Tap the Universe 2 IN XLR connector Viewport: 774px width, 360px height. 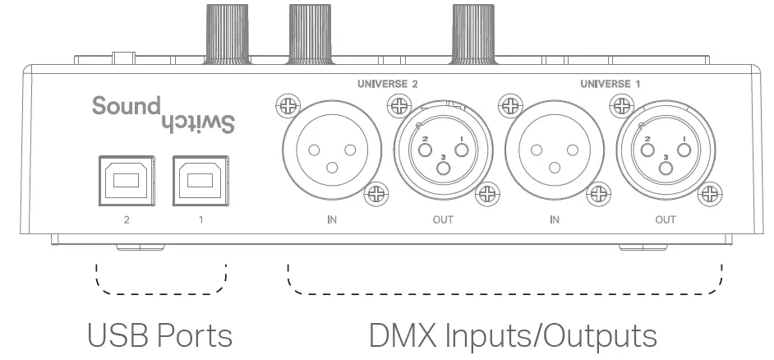[331, 150]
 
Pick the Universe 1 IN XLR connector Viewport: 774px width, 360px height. [555, 150]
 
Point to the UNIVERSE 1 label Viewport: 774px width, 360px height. [610, 84]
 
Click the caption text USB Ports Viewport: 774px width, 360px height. [159, 335]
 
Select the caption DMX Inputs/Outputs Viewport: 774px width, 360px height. [513, 335]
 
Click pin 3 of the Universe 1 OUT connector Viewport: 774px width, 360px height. [666, 168]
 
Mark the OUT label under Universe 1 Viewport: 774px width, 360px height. [666, 219]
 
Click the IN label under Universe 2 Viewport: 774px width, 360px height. [331, 219]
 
